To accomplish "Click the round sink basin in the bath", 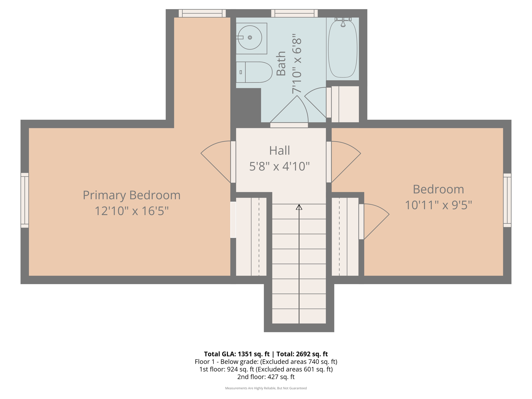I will pos(250,38).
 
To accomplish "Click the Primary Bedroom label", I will pos(131,195).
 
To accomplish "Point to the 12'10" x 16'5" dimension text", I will pos(131,211).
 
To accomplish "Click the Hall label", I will pos(279,150).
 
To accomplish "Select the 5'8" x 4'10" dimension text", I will pos(279,166).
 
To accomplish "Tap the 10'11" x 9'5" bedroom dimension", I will pos(438,205).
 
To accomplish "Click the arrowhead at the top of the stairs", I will pos(299,207).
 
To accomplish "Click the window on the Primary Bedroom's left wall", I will pos(25,200).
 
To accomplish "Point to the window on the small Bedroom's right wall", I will pos(507,200).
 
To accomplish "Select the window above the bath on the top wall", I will pos(294,13).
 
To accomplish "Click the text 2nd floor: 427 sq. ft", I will pos(266,377).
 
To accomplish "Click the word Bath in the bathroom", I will pos(281,64).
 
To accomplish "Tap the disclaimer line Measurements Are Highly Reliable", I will pos(266,388).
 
